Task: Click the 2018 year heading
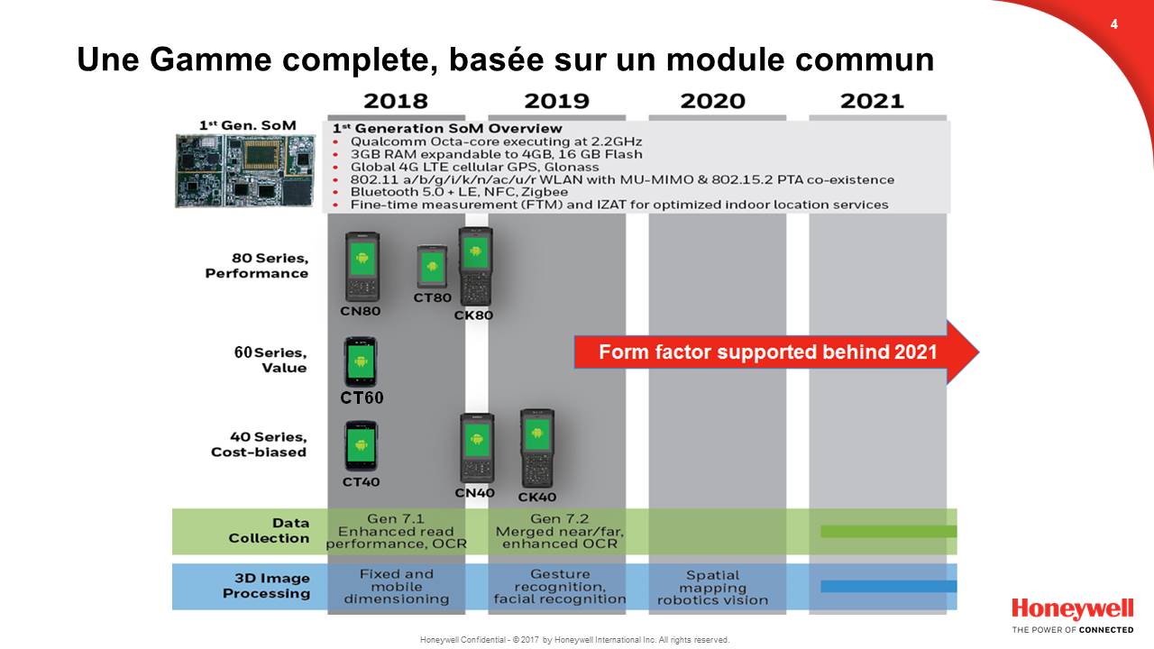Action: click(x=396, y=101)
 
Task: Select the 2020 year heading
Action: click(x=712, y=101)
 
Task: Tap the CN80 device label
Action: click(x=360, y=311)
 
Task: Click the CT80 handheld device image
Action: click(x=432, y=267)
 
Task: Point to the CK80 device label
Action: click(x=473, y=315)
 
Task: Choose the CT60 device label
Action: click(x=362, y=398)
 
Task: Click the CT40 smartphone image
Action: click(x=362, y=446)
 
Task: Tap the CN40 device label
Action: click(x=474, y=493)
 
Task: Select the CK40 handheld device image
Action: click(x=536, y=448)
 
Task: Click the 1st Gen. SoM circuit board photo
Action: click(x=244, y=170)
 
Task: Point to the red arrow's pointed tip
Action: click(x=979, y=352)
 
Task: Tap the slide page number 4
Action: click(x=1113, y=24)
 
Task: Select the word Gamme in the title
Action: click(x=210, y=59)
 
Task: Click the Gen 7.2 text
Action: click(x=560, y=518)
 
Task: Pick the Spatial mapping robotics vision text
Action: click(x=712, y=588)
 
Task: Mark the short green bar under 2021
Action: click(x=889, y=532)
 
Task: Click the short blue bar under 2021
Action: click(x=889, y=586)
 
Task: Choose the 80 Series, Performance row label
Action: click(x=257, y=266)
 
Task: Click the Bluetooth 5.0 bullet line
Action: click(x=459, y=192)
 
